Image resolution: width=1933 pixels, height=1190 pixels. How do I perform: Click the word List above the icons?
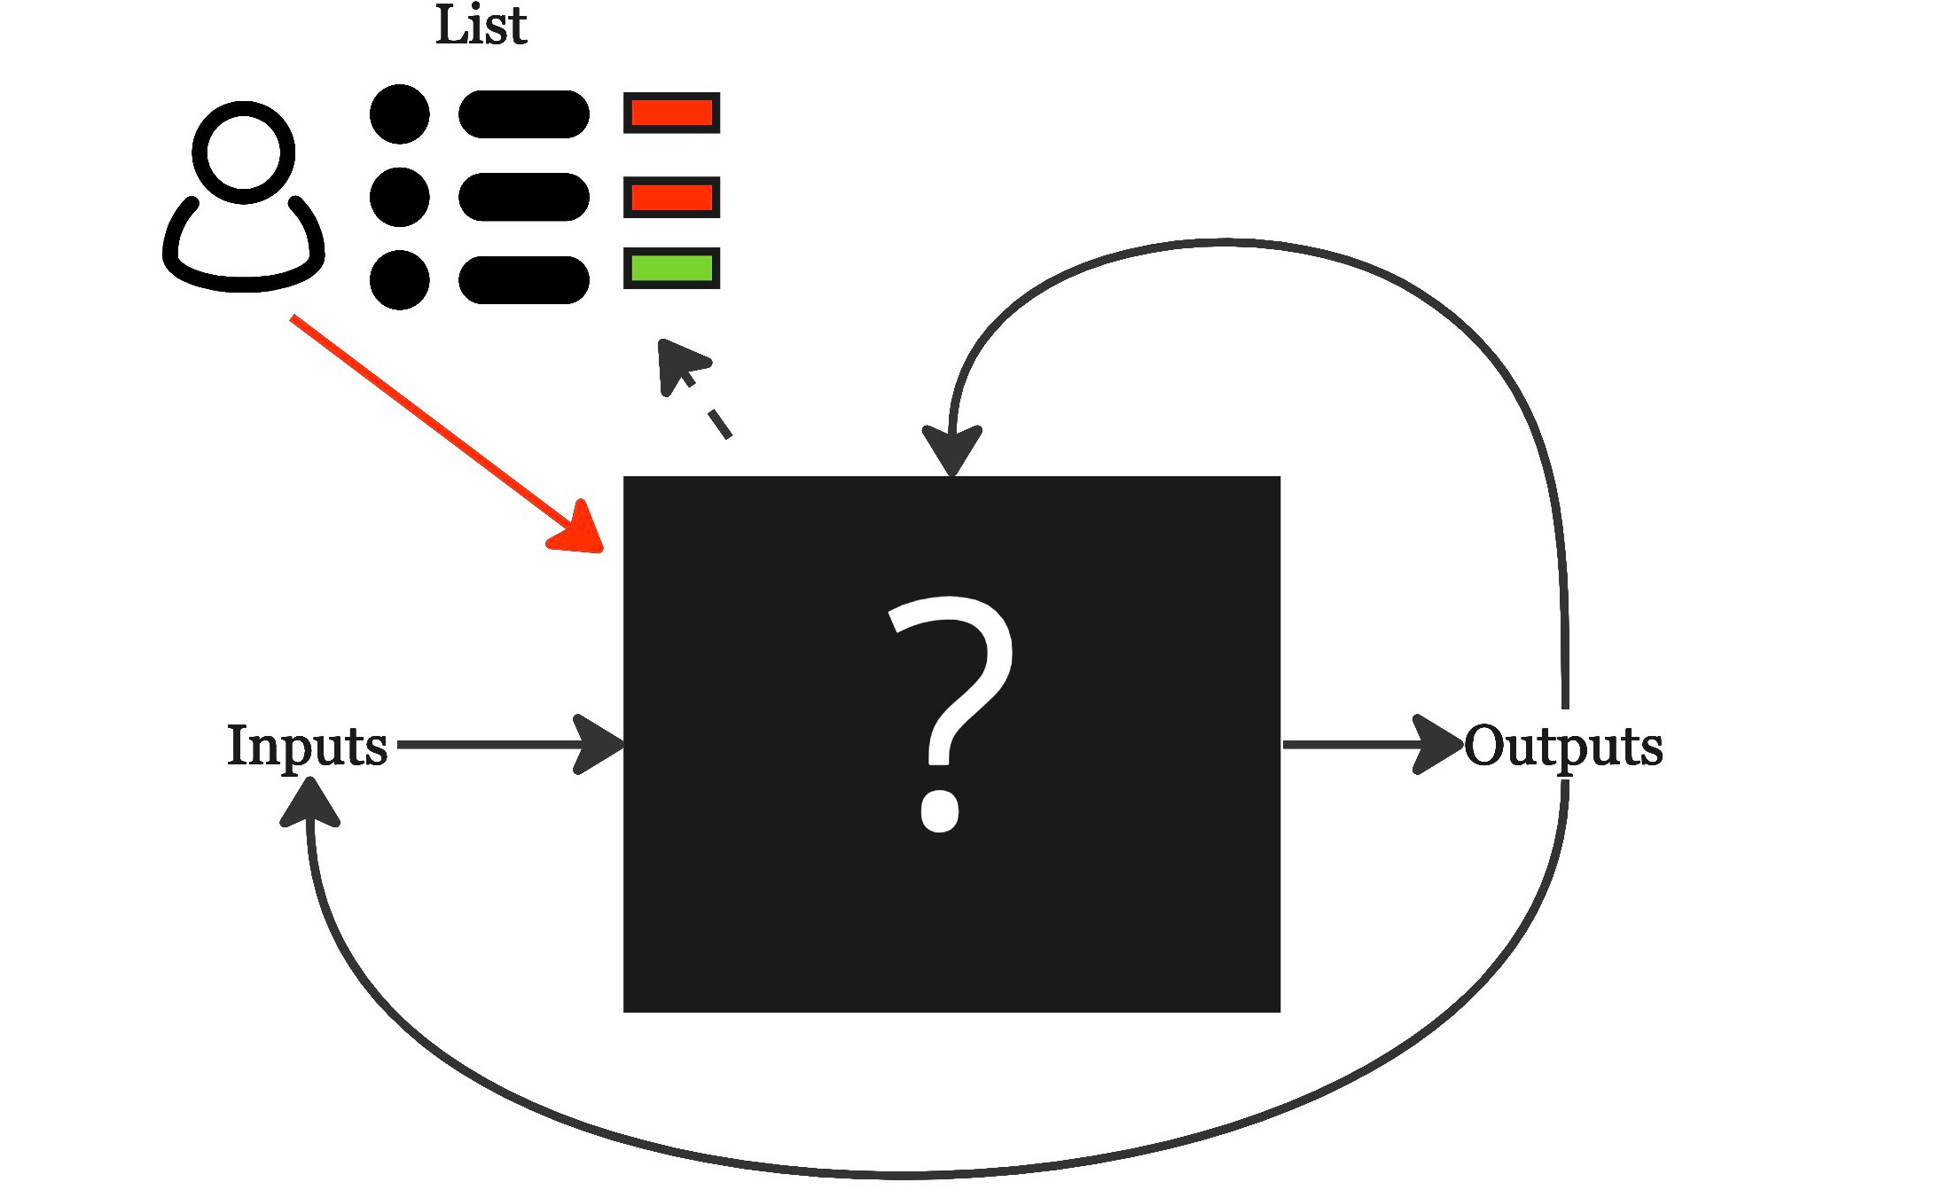click(x=481, y=27)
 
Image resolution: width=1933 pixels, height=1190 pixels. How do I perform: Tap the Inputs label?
click(x=307, y=746)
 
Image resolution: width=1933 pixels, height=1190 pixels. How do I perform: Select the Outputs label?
click(x=1563, y=747)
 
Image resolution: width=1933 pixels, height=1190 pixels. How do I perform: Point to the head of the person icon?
click(x=243, y=152)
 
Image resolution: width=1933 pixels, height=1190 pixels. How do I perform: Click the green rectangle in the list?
click(x=671, y=268)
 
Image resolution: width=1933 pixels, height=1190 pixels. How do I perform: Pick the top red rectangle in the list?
click(x=671, y=113)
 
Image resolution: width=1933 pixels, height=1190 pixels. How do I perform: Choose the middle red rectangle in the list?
click(x=671, y=197)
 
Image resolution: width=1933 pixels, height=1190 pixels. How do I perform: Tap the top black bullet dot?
click(x=399, y=114)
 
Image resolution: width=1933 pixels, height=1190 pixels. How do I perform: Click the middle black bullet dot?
click(x=399, y=197)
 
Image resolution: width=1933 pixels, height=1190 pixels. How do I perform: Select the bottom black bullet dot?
click(x=399, y=279)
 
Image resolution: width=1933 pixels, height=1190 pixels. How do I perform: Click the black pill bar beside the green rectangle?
click(x=523, y=279)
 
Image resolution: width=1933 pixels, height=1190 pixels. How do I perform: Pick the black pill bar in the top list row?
click(x=523, y=114)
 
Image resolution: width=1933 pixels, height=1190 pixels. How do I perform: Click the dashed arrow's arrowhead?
click(x=679, y=364)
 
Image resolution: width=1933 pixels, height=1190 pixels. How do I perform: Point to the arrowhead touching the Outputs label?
click(x=1438, y=744)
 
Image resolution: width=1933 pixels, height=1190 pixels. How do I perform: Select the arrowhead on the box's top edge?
click(x=951, y=452)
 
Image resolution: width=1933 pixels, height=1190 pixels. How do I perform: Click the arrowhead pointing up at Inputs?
click(x=309, y=802)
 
